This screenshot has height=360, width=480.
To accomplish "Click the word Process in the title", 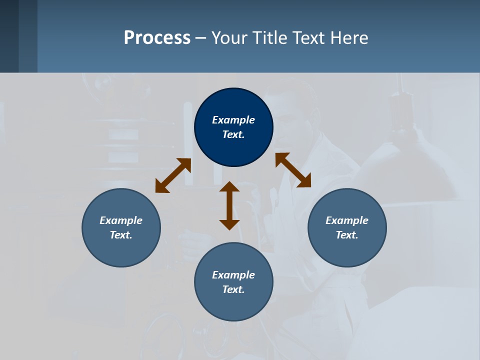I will point(157,38).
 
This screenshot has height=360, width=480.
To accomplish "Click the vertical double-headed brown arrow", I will point(229,205).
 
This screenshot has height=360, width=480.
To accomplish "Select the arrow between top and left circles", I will point(173,175).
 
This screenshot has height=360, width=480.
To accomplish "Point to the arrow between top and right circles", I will point(293,170).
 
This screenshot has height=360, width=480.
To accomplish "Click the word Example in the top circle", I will point(233,120).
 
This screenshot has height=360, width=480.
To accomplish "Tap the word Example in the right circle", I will point(347,220).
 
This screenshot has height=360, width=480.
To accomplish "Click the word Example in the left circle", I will point(121,220).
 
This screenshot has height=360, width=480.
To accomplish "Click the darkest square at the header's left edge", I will point(9,36).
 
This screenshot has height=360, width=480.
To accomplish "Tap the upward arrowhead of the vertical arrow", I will point(229,186).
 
